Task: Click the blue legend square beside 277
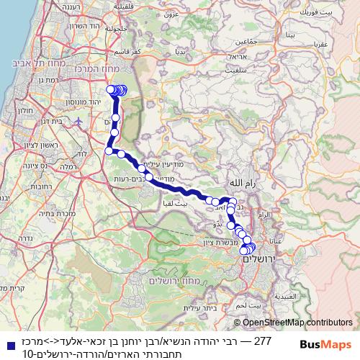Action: click(x=7, y=341)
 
